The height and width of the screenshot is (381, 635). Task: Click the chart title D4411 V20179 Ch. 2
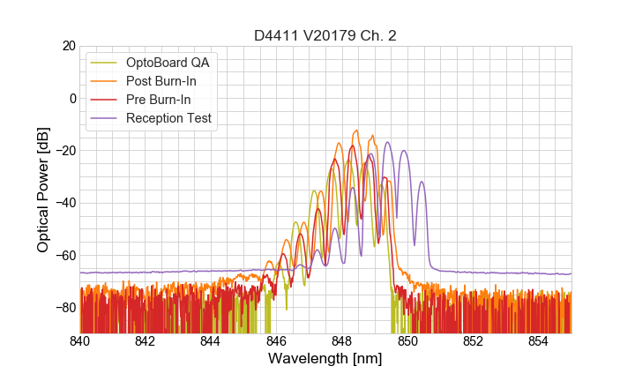point(325,35)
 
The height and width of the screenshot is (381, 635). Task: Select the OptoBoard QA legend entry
point(168,63)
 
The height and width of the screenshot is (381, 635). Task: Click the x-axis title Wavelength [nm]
point(325,360)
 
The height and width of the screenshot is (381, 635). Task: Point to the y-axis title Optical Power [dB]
point(43,189)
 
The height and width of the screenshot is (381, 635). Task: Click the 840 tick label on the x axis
point(80,341)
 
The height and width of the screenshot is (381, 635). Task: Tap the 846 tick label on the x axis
point(276,341)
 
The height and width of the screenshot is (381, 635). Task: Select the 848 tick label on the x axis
point(341,341)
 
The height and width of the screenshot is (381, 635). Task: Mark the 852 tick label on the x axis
point(473,341)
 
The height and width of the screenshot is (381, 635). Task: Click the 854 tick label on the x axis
point(538,341)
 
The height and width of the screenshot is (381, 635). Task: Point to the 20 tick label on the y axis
point(69,46)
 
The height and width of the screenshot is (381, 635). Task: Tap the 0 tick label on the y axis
point(72,98)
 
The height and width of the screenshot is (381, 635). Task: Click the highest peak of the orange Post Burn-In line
point(355,131)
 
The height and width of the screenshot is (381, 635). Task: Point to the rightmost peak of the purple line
point(422,183)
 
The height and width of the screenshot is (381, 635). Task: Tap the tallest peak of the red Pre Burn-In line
point(352,146)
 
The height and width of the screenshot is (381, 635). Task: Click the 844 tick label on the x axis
point(211,341)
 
